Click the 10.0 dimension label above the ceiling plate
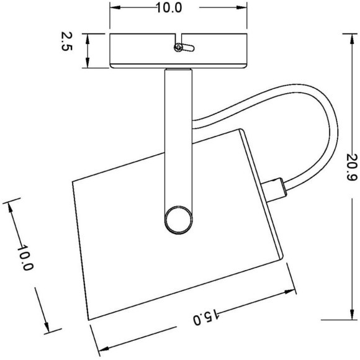[169, 8]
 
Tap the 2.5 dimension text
[67, 42]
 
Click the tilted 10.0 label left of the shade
[25, 258]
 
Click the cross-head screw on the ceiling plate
[178, 48]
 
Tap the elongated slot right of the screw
[189, 48]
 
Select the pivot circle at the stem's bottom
[179, 220]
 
